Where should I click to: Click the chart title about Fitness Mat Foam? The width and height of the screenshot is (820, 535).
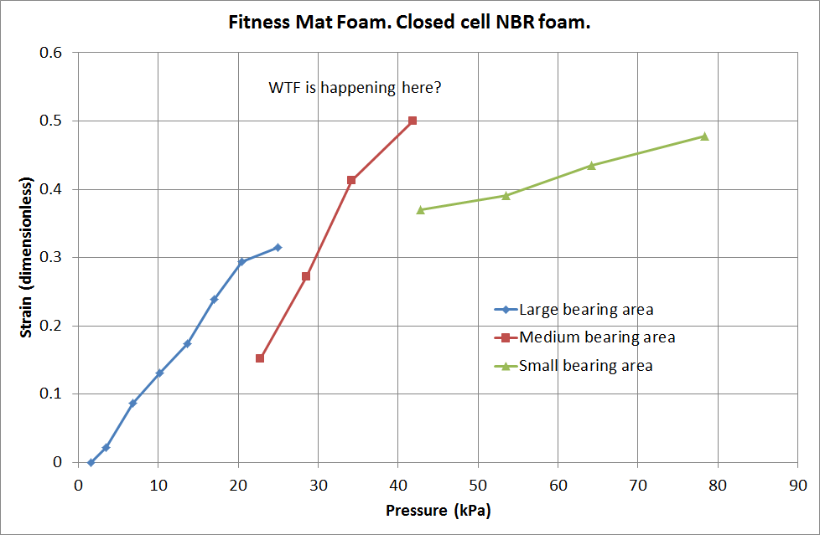tap(410, 23)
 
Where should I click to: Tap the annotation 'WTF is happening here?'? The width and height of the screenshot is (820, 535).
tap(354, 87)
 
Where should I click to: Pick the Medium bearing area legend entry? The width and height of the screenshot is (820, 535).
tap(597, 337)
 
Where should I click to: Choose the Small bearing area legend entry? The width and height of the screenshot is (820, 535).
tap(585, 366)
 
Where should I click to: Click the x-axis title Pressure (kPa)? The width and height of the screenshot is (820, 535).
tap(438, 510)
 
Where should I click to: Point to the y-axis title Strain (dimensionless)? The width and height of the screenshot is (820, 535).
tap(26, 257)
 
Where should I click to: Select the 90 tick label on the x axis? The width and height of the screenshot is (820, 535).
tap(797, 484)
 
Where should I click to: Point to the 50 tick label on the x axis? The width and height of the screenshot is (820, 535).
tap(478, 484)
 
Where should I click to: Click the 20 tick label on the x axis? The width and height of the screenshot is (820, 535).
tap(238, 484)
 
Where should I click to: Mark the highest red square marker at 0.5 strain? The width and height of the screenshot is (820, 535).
tap(413, 121)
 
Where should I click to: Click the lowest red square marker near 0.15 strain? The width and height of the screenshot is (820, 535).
tap(260, 358)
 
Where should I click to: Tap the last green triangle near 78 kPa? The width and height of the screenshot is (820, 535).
tap(704, 136)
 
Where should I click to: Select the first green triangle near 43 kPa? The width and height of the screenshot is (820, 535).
tap(421, 209)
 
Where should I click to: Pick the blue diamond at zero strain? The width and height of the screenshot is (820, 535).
tap(91, 462)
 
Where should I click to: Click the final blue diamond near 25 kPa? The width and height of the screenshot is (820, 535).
tap(278, 247)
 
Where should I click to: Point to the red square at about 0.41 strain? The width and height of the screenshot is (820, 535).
tap(351, 180)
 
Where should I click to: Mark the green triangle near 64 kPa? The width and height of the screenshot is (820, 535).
tap(591, 165)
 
